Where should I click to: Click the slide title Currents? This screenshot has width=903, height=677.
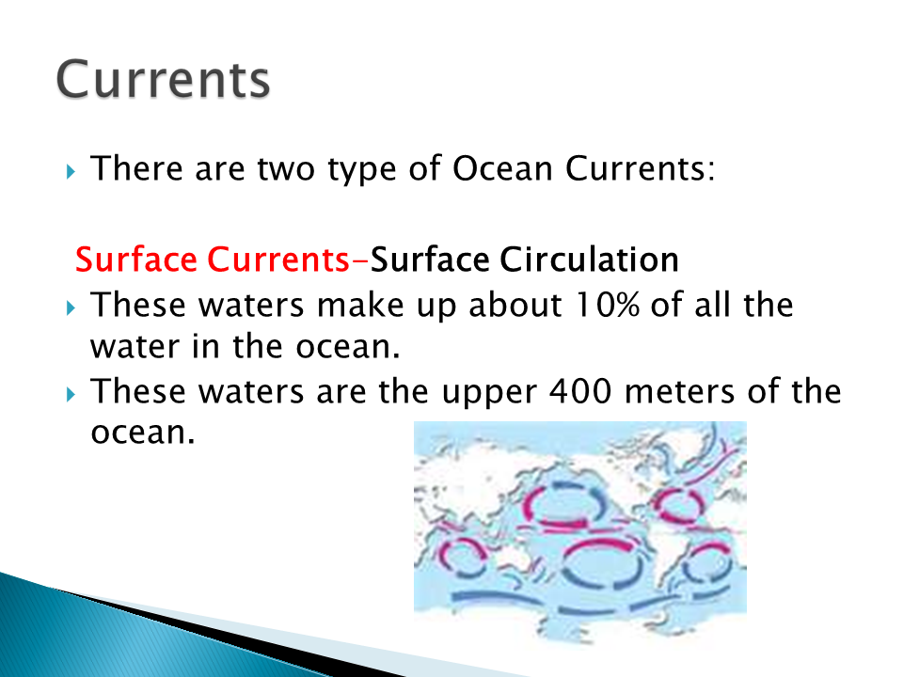163,79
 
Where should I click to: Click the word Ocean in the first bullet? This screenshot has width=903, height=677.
502,168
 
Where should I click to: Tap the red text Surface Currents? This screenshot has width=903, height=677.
212,260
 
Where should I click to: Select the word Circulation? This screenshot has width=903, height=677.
589,260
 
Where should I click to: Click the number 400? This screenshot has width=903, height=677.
580,391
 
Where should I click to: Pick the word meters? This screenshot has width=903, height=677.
679,391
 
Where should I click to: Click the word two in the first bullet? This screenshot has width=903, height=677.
286,168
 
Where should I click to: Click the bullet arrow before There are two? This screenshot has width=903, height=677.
71,171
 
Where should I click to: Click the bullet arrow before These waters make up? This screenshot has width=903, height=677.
71,307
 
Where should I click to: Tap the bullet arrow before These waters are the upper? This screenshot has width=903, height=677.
71,394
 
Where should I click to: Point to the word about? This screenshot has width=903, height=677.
515,305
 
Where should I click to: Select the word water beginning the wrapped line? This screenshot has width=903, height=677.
135,347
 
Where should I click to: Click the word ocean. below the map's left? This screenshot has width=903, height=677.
143,433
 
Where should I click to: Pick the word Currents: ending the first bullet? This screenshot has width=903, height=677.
641,168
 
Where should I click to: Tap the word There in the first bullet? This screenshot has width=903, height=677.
136,168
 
